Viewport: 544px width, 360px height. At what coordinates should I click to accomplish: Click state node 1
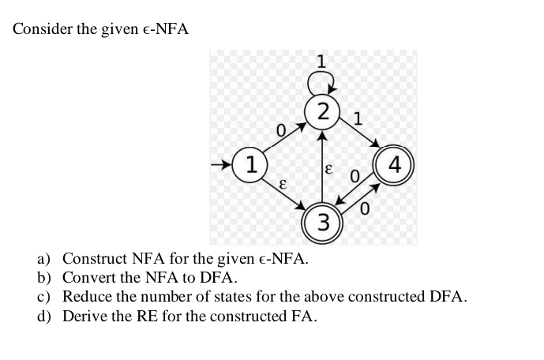pyautogui.click(x=251, y=167)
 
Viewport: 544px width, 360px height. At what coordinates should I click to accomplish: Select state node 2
pyautogui.click(x=321, y=113)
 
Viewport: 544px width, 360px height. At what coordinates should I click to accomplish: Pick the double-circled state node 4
pyautogui.click(x=396, y=167)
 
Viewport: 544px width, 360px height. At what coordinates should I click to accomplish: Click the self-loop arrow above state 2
pyautogui.click(x=321, y=79)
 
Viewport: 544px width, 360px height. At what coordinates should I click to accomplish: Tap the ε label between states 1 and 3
pyautogui.click(x=280, y=182)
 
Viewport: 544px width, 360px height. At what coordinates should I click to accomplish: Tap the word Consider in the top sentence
pyautogui.click(x=38, y=29)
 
